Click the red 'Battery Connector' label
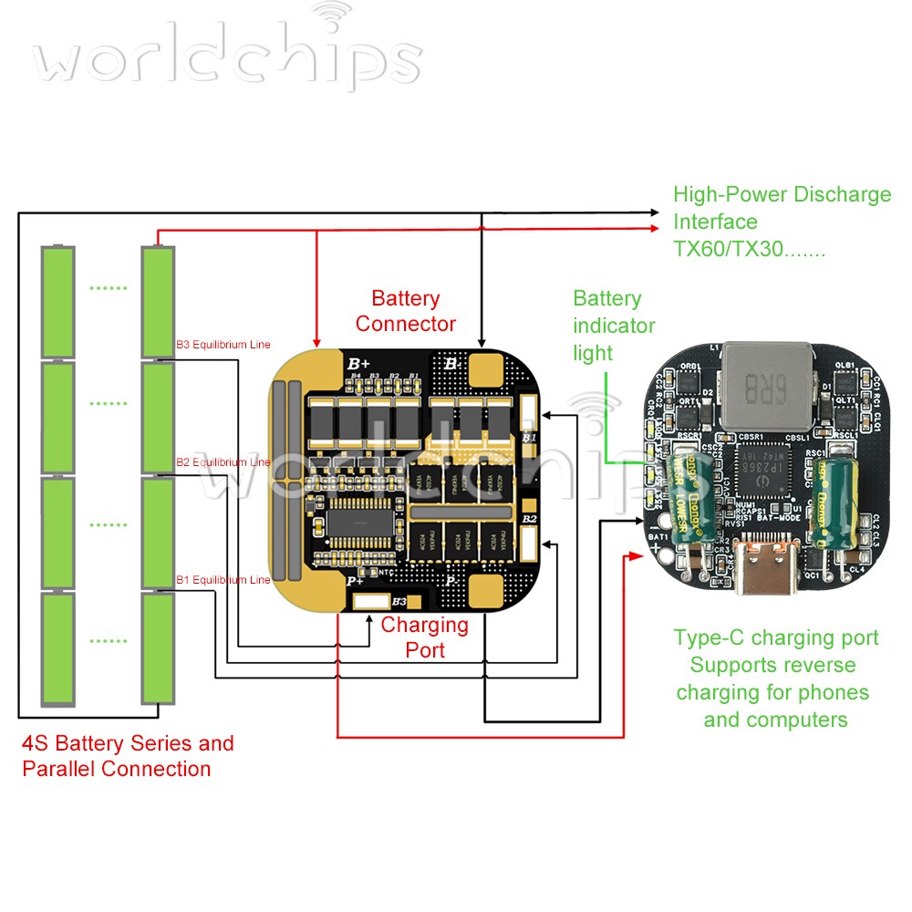point(406,311)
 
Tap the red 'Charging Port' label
point(425,637)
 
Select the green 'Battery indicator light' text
point(614,326)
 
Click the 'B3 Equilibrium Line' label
point(223,346)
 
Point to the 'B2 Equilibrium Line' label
point(223,462)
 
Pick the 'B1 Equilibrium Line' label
point(223,579)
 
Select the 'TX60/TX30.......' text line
point(749,248)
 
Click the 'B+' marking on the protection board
point(358,364)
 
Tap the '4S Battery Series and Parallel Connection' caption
point(128,756)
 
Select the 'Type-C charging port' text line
point(775,637)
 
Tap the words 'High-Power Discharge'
point(782,194)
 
